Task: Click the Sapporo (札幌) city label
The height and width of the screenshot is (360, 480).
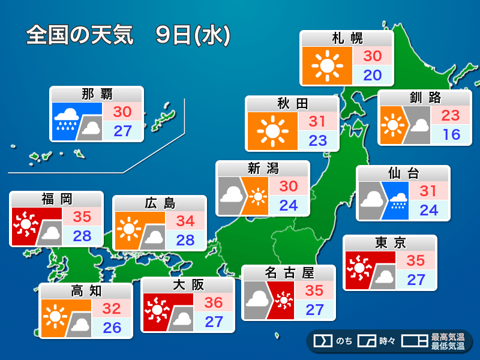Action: tap(347, 39)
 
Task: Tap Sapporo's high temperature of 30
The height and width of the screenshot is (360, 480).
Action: tap(373, 56)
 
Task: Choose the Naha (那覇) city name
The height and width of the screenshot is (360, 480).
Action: tap(97, 94)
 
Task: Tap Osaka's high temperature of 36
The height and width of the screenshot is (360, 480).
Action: tap(214, 302)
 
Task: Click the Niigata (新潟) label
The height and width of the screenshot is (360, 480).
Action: tap(263, 169)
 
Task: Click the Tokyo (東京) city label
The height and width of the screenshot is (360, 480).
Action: tap(390, 243)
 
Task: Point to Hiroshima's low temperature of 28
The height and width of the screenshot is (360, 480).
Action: tap(185, 239)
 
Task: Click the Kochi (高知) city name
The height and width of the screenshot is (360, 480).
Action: tap(86, 291)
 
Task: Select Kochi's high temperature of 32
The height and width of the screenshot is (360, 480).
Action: tap(112, 309)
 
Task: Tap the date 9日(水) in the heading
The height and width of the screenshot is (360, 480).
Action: tap(193, 35)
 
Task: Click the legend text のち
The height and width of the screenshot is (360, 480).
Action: tap(344, 341)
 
